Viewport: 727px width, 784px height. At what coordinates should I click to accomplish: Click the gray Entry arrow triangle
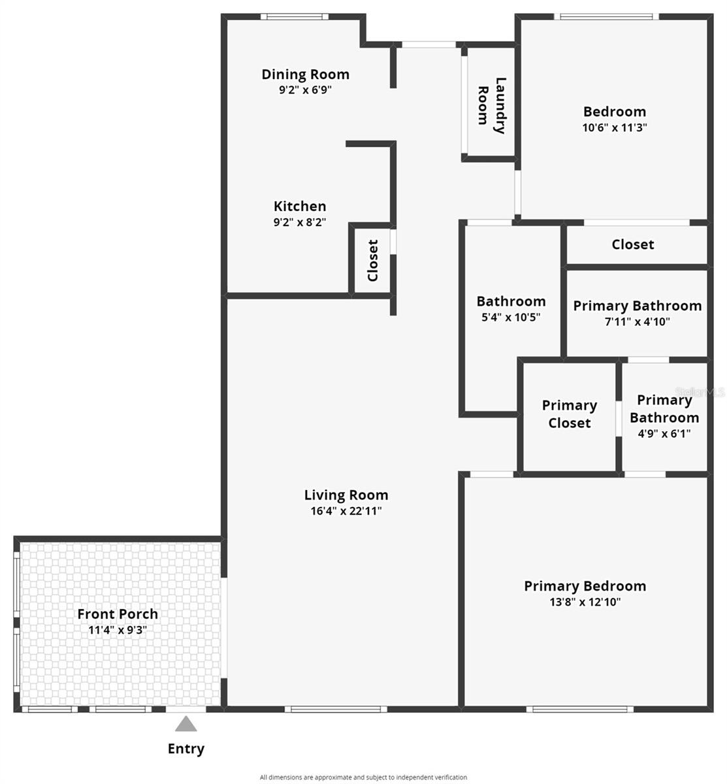tap(186, 725)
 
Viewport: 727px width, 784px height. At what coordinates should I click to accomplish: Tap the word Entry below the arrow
tap(186, 749)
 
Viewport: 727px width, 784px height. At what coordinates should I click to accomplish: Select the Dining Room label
tap(305, 74)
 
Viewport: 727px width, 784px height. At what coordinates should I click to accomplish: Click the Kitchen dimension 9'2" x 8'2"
tap(300, 222)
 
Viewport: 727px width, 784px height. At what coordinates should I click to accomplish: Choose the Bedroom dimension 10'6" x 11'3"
tap(615, 128)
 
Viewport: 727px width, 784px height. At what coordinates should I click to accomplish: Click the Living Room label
tap(346, 495)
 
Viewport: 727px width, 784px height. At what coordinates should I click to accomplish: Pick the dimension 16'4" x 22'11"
tap(346, 511)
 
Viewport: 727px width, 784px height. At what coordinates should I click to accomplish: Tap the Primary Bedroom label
tap(585, 586)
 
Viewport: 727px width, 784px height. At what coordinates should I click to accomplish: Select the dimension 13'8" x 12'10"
tap(585, 602)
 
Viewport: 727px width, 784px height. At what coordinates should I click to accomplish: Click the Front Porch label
tap(118, 614)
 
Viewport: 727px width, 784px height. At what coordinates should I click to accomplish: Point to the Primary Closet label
tap(570, 414)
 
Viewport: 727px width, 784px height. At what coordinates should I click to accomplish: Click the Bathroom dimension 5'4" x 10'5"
tap(511, 318)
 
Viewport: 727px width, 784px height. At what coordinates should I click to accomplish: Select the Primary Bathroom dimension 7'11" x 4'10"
tap(637, 321)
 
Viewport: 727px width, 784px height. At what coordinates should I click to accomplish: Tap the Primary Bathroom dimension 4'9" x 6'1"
tap(664, 433)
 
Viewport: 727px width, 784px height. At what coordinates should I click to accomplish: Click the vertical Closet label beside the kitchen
tap(373, 260)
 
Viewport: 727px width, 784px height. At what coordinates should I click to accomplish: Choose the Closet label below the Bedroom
tap(632, 244)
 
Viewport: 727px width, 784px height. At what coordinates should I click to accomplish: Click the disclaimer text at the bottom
tap(363, 777)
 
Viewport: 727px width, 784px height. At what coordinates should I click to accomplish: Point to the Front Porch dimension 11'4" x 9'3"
tap(118, 630)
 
